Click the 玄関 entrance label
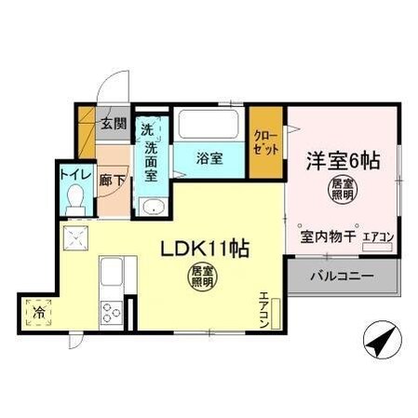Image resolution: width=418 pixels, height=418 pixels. pyautogui.click(x=113, y=122)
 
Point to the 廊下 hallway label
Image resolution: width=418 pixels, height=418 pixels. pyautogui.click(x=112, y=180)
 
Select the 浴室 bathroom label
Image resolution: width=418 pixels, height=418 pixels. pyautogui.click(x=209, y=159)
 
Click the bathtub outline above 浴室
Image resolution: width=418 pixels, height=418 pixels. pyautogui.click(x=209, y=127)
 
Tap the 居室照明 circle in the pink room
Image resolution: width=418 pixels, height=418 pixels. pyautogui.click(x=341, y=192)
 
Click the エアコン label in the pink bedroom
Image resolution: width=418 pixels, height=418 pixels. pyautogui.click(x=377, y=237)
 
